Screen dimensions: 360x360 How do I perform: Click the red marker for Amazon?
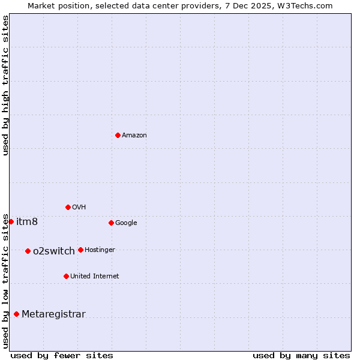pos(118,135)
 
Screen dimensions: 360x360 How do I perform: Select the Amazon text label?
pos(134,136)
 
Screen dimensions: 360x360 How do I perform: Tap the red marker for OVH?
pos(68,207)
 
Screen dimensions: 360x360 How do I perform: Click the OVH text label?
pos(79,208)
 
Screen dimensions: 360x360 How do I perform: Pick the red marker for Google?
pos(111,223)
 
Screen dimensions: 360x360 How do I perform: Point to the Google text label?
pos(126,223)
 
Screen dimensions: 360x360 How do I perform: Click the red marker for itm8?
pos(11,221)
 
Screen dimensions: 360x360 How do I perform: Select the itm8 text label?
pos(27,222)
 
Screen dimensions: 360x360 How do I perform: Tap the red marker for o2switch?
pos(28,251)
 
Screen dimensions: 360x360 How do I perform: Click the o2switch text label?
pos(54,251)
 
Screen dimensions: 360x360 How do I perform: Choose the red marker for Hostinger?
pos(80,250)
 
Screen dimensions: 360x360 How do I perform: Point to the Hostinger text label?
pos(100,250)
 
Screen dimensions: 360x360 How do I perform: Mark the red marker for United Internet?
pos(66,276)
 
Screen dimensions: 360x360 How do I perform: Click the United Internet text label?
pos(95,277)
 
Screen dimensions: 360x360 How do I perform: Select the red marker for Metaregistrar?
pos(16,314)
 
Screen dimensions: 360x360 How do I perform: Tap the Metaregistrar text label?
pos(53,314)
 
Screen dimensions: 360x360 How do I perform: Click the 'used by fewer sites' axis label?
pos(62,355)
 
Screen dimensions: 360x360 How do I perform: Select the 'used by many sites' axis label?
pos(301,355)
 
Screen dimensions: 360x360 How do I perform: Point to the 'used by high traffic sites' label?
pos(5,85)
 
